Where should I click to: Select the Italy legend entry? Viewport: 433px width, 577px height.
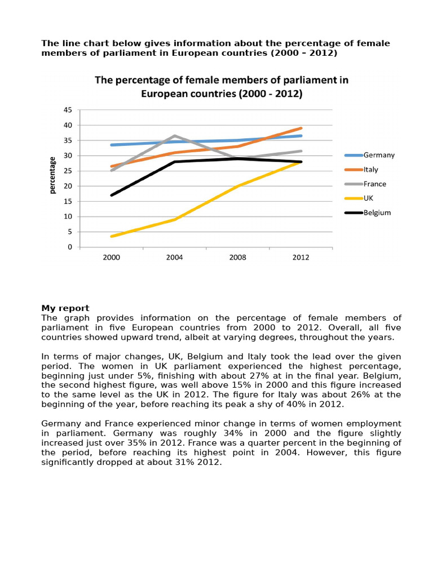(x=361, y=170)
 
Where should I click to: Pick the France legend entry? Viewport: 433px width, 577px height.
(x=365, y=184)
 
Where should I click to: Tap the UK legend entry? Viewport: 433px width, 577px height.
(x=359, y=198)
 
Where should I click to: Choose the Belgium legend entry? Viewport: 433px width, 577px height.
(x=368, y=212)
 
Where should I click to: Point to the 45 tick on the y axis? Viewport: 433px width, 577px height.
(x=68, y=110)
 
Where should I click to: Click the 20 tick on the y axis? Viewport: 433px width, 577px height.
(x=68, y=186)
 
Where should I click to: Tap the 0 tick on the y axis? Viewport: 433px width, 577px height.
(x=70, y=247)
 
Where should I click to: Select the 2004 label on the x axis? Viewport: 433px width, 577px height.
(x=175, y=258)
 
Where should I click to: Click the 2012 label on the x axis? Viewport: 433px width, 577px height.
(x=301, y=258)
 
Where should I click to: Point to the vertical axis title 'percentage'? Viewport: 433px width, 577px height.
(x=52, y=175)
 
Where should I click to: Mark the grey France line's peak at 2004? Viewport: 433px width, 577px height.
(x=175, y=136)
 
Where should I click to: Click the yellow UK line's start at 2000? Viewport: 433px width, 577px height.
(x=112, y=236)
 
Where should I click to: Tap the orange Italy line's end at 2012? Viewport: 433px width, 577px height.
(x=301, y=128)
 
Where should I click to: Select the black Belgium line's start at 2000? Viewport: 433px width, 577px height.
(x=112, y=195)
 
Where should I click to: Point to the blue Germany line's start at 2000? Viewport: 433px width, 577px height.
(x=112, y=145)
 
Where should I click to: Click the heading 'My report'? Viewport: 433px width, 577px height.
(x=65, y=308)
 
